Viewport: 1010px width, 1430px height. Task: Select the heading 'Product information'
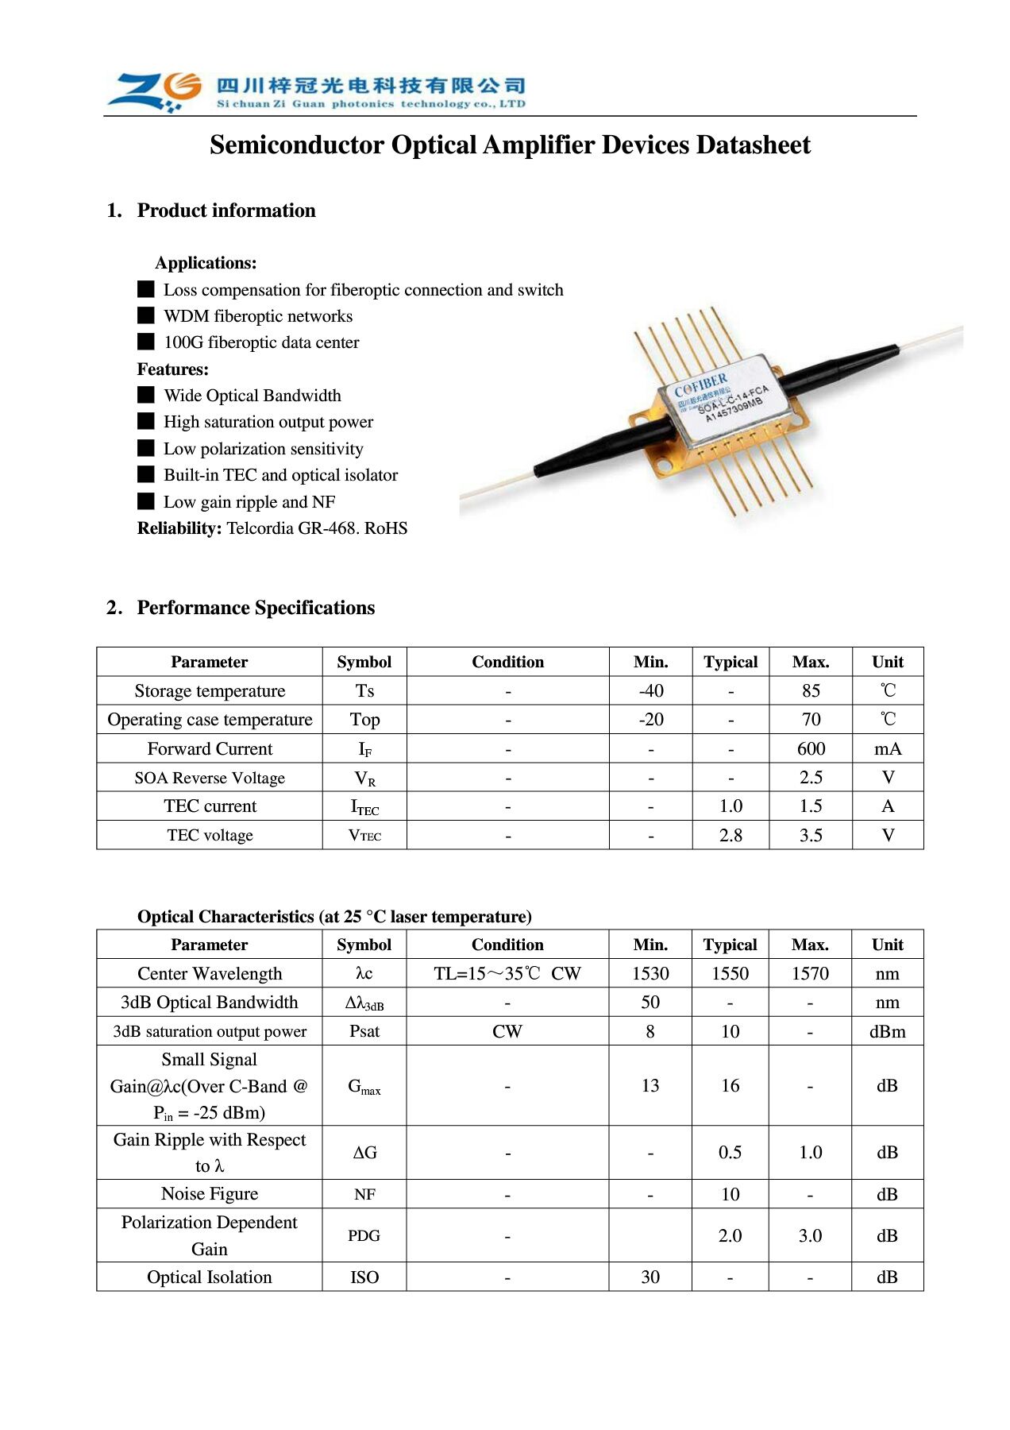226,211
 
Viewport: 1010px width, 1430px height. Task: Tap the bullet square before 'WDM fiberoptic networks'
146,315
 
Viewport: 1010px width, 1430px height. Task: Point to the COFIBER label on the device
700,385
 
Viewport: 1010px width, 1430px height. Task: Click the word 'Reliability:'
179,528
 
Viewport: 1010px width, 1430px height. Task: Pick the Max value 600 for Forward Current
811,749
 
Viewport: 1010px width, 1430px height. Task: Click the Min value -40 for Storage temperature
651,691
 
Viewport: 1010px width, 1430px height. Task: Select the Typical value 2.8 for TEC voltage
731,836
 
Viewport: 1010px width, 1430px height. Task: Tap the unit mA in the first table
888,749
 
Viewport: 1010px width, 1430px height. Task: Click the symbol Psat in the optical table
364,1032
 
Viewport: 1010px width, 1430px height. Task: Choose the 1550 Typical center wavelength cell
731,974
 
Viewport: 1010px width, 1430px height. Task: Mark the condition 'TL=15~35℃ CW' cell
507,974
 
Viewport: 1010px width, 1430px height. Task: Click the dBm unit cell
888,1032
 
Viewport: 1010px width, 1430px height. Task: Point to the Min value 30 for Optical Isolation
650,1277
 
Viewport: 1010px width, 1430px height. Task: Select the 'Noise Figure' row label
210,1194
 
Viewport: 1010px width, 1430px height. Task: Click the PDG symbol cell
364,1236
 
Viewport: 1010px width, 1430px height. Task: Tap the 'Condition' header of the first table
508,663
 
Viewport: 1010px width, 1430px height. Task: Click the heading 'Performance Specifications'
256,608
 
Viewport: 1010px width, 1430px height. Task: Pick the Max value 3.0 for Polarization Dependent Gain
810,1236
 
